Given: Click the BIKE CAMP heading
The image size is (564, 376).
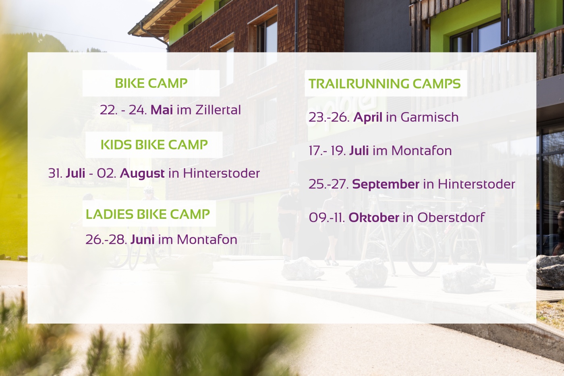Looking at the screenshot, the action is pos(151,83).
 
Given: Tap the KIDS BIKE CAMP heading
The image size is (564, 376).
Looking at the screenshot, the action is pos(154,145).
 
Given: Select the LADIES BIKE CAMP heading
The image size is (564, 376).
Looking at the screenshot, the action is pos(148,214).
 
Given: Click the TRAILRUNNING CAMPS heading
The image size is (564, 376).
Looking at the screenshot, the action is pos(384,83).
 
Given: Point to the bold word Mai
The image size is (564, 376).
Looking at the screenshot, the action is pos(162,110).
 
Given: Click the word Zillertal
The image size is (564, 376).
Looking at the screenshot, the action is pos(218,110).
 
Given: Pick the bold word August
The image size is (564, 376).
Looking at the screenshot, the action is pos(142,174).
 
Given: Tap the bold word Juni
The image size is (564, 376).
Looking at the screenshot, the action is pos(143,239).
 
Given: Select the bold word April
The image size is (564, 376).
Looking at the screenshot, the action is pos(367,118).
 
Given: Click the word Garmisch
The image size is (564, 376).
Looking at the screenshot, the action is pos(429,117).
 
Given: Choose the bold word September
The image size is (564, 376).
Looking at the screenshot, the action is pos(386,184).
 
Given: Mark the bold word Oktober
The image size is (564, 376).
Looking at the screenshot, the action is pos(374,218).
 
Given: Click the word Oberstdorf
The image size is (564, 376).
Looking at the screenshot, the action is pos(451,217).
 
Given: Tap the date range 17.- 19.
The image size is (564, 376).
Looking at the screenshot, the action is pos(327,151).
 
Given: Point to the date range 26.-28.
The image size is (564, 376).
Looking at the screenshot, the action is pos(106,239).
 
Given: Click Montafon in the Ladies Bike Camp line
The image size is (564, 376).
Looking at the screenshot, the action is pos(207,239).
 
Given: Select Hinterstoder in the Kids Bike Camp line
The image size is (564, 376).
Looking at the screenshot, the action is pos(221,173).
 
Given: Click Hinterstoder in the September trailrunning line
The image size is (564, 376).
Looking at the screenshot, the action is pos(477,184).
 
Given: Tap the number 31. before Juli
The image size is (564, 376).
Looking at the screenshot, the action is pos(55,173).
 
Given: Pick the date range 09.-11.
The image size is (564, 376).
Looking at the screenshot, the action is pos(327,218).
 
